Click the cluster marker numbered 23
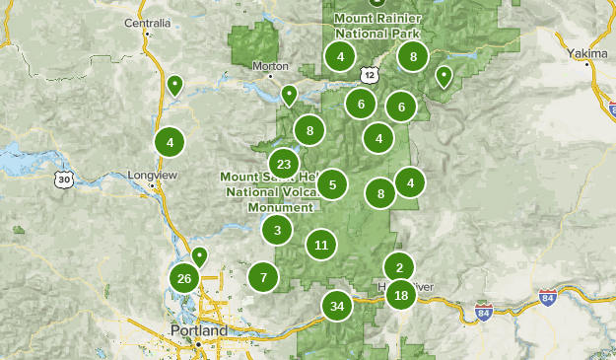click(284, 165)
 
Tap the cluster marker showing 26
click(184, 279)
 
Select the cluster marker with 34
click(337, 306)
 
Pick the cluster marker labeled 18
click(401, 295)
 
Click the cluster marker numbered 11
click(321, 245)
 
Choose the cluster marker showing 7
click(263, 278)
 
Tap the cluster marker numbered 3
click(277, 231)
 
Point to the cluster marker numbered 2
click(399, 266)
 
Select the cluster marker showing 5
click(333, 183)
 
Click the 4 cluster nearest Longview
click(170, 142)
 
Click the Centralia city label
click(147, 21)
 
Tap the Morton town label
click(270, 67)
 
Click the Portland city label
click(197, 329)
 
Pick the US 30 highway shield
click(64, 180)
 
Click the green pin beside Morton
click(289, 95)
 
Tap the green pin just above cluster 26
click(199, 256)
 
